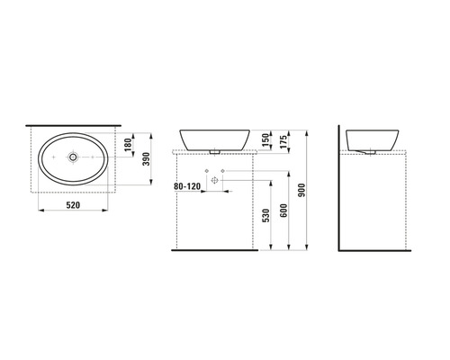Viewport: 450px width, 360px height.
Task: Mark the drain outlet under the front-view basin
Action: tap(215, 151)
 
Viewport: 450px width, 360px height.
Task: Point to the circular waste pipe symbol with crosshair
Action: tap(215, 180)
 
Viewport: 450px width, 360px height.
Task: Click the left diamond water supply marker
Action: tap(206, 170)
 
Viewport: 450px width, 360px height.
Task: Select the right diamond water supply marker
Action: tap(224, 170)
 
